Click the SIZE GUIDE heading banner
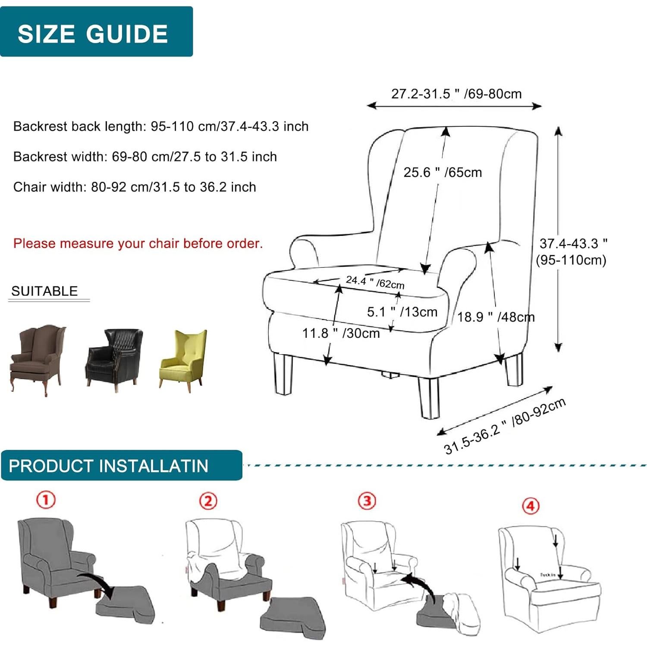96,32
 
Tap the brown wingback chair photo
38,358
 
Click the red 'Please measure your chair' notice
138,243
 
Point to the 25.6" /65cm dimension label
443,173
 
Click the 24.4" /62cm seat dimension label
375,283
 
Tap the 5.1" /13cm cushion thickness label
402,312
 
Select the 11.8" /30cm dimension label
341,333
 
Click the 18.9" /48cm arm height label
496,317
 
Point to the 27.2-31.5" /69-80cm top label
456,94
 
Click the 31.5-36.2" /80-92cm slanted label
505,427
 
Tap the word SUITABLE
44,291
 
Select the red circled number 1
46,500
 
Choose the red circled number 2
208,501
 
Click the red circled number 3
367,501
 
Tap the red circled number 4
531,506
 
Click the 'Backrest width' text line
145,157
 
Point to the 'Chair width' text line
135,187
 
